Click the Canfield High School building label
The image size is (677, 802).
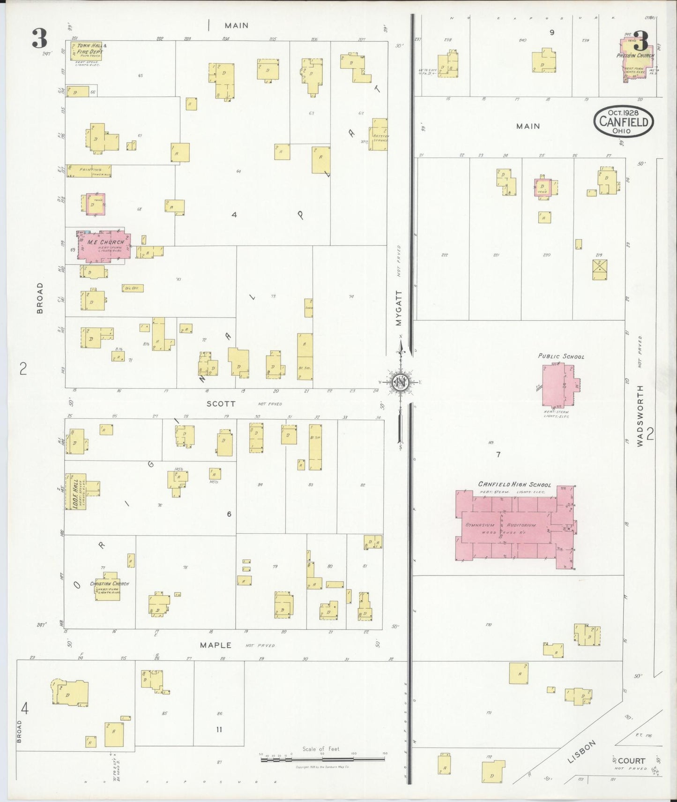click(514, 484)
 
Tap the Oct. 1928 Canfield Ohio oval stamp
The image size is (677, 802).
click(624, 121)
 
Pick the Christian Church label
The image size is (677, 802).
click(109, 584)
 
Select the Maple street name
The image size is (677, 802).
click(216, 645)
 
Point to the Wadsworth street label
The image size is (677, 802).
click(640, 415)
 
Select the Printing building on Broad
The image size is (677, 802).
click(89, 171)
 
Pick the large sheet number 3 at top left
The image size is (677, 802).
click(39, 38)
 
